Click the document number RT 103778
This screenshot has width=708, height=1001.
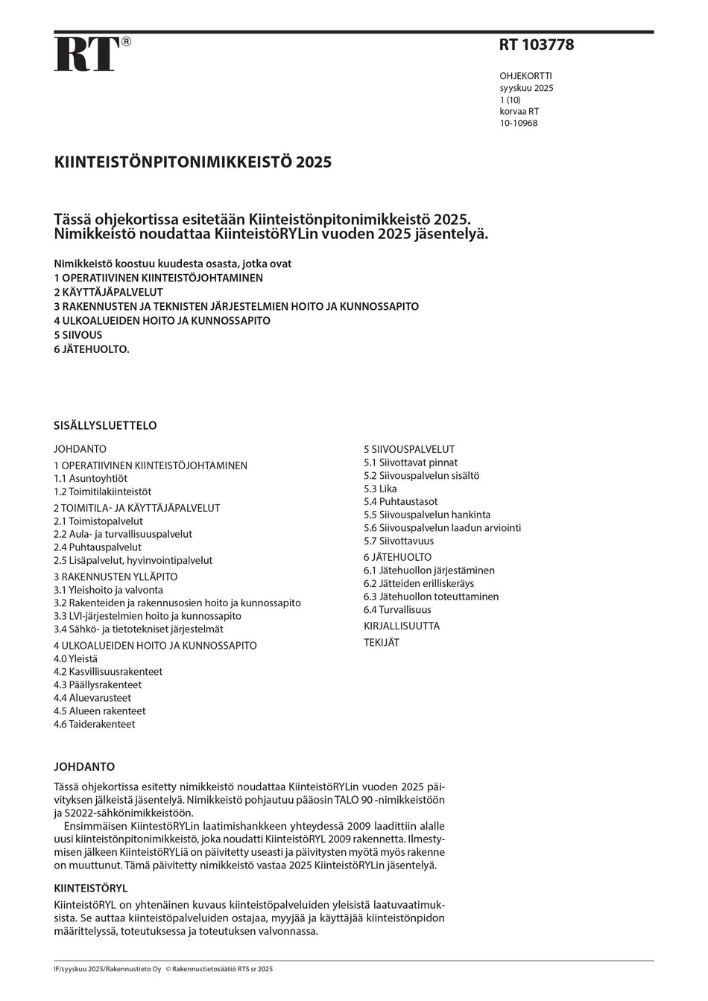(x=536, y=45)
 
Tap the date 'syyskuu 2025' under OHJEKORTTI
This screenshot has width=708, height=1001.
(x=526, y=88)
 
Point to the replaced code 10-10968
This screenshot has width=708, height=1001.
(x=518, y=123)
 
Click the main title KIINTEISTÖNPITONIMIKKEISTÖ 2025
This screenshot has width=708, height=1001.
(x=192, y=162)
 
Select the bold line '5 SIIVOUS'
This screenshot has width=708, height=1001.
(x=78, y=335)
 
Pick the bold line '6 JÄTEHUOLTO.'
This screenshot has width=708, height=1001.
(x=92, y=349)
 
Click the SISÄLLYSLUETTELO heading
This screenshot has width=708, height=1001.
(x=105, y=426)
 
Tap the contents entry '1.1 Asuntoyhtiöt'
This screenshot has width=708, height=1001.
(x=90, y=479)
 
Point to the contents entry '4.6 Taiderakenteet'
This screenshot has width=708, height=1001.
(x=94, y=724)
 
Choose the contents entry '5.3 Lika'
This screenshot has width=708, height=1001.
(x=380, y=489)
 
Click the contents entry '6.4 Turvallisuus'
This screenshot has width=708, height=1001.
(x=397, y=610)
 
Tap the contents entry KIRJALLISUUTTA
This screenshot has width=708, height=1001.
(x=402, y=626)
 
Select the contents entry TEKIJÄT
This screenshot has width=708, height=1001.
(x=382, y=643)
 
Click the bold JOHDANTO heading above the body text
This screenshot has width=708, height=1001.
(x=84, y=767)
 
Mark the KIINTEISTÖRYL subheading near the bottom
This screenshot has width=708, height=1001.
(x=91, y=889)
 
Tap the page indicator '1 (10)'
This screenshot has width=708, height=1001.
(x=510, y=100)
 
